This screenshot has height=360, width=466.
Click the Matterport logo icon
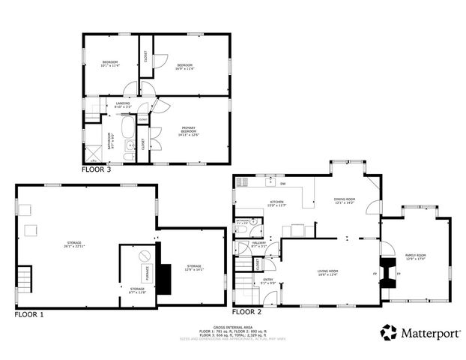tap(389, 332)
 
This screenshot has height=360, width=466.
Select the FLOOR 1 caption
tap(29, 314)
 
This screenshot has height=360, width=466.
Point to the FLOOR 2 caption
tap(246, 311)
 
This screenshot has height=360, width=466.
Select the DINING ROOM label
tap(344, 200)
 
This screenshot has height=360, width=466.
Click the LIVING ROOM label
tap(328, 272)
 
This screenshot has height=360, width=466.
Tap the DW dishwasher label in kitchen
tap(282, 184)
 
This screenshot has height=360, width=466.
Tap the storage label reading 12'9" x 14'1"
tap(194, 267)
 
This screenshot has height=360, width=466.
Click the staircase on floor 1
tap(26, 280)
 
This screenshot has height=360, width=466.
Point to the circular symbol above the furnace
tap(144, 256)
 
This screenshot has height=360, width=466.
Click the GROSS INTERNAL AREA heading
tap(232, 327)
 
